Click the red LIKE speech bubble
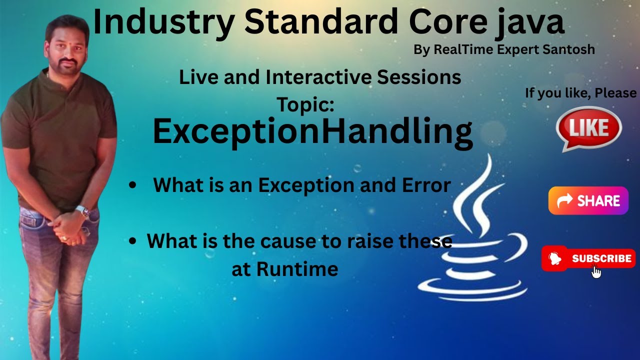click(x=588, y=127)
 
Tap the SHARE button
click(x=588, y=201)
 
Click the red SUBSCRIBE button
click(x=588, y=258)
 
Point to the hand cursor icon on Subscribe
click(x=596, y=271)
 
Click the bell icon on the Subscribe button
click(x=555, y=259)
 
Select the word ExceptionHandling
click(x=312, y=131)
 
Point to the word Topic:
click(x=305, y=104)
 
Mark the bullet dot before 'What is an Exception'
click(x=132, y=185)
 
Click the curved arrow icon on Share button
click(x=564, y=201)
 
